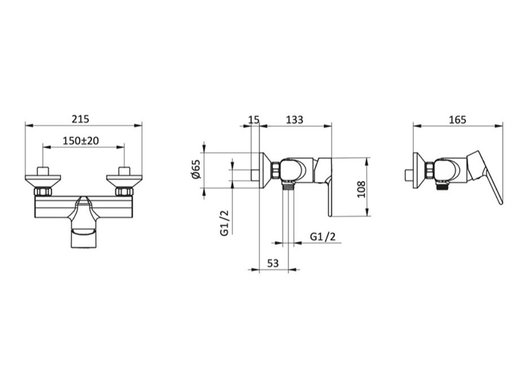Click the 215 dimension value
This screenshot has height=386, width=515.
(80, 119)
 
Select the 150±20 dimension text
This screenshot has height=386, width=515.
(81, 141)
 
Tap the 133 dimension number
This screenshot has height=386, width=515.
(295, 120)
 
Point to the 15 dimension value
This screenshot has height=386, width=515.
(254, 120)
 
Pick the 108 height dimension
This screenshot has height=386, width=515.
(361, 189)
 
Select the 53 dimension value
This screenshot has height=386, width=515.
(272, 263)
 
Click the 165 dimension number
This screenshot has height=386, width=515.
(458, 120)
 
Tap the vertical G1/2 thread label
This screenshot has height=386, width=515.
(224, 223)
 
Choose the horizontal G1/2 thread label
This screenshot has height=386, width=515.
(323, 236)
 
